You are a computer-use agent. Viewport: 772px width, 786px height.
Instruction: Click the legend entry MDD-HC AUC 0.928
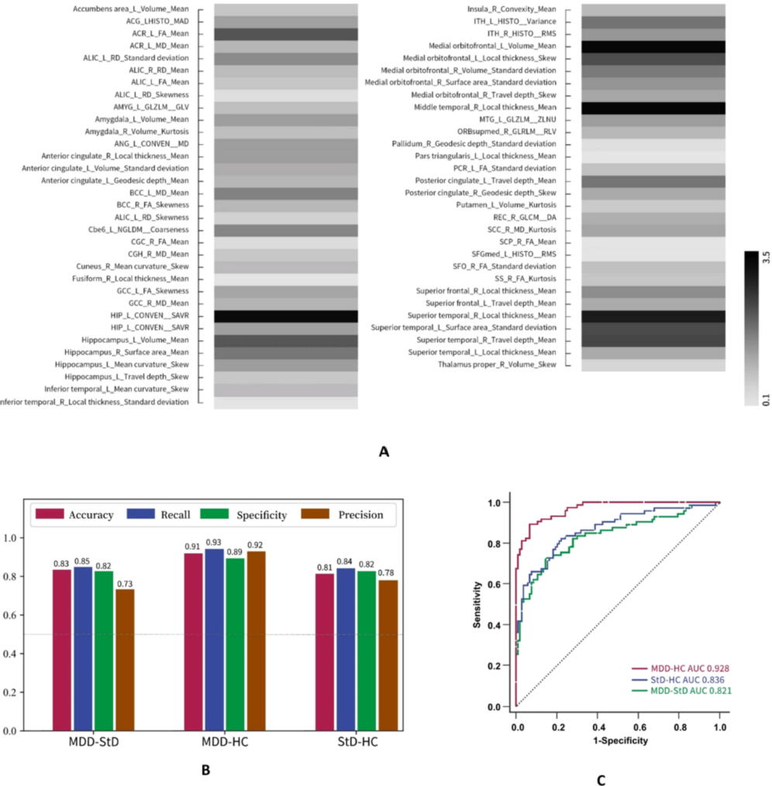[x=674, y=667]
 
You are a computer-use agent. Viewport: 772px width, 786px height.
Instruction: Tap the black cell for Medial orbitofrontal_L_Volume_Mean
[x=653, y=47]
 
